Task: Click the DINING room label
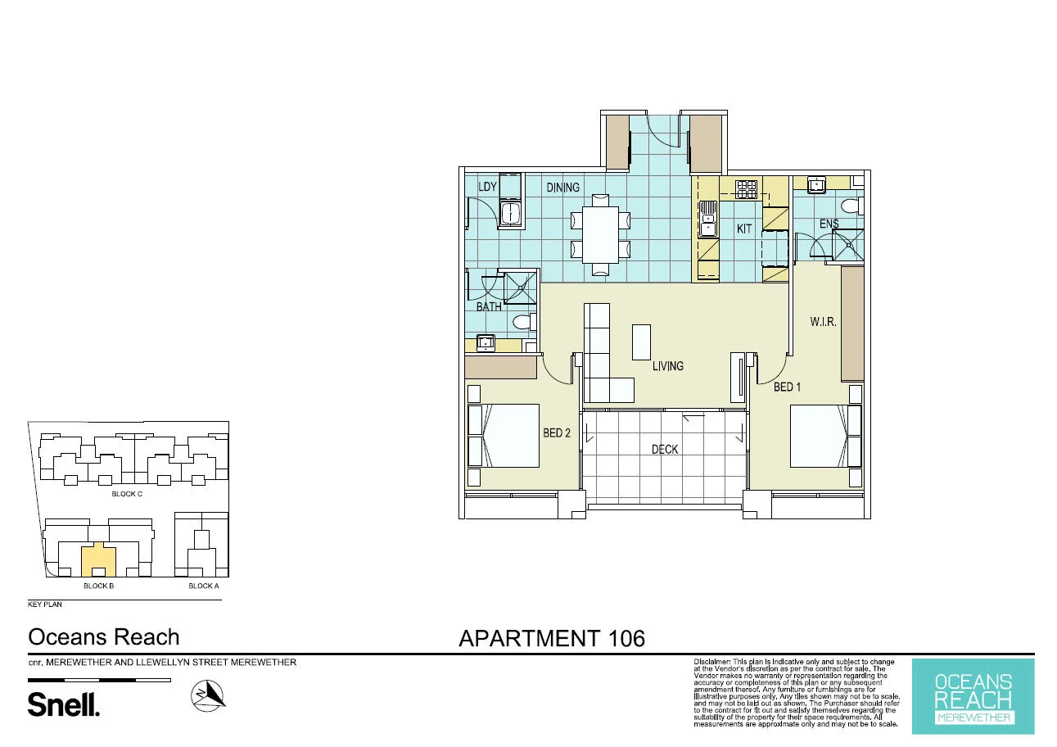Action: coord(562,188)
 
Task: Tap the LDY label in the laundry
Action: coord(487,188)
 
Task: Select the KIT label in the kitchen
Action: coord(743,229)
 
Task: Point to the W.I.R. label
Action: coord(823,322)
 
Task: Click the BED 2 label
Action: coord(556,432)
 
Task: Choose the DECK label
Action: coord(665,449)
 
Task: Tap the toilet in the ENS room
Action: coord(851,206)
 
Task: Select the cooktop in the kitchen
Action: coord(746,189)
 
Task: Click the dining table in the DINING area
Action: coord(601,233)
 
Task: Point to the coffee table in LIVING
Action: coord(641,342)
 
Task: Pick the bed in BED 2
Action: coord(508,435)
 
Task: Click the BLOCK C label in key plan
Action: coord(127,494)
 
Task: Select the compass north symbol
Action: coord(208,695)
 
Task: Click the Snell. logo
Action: coord(64,704)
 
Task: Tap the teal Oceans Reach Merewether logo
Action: coord(973,696)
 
